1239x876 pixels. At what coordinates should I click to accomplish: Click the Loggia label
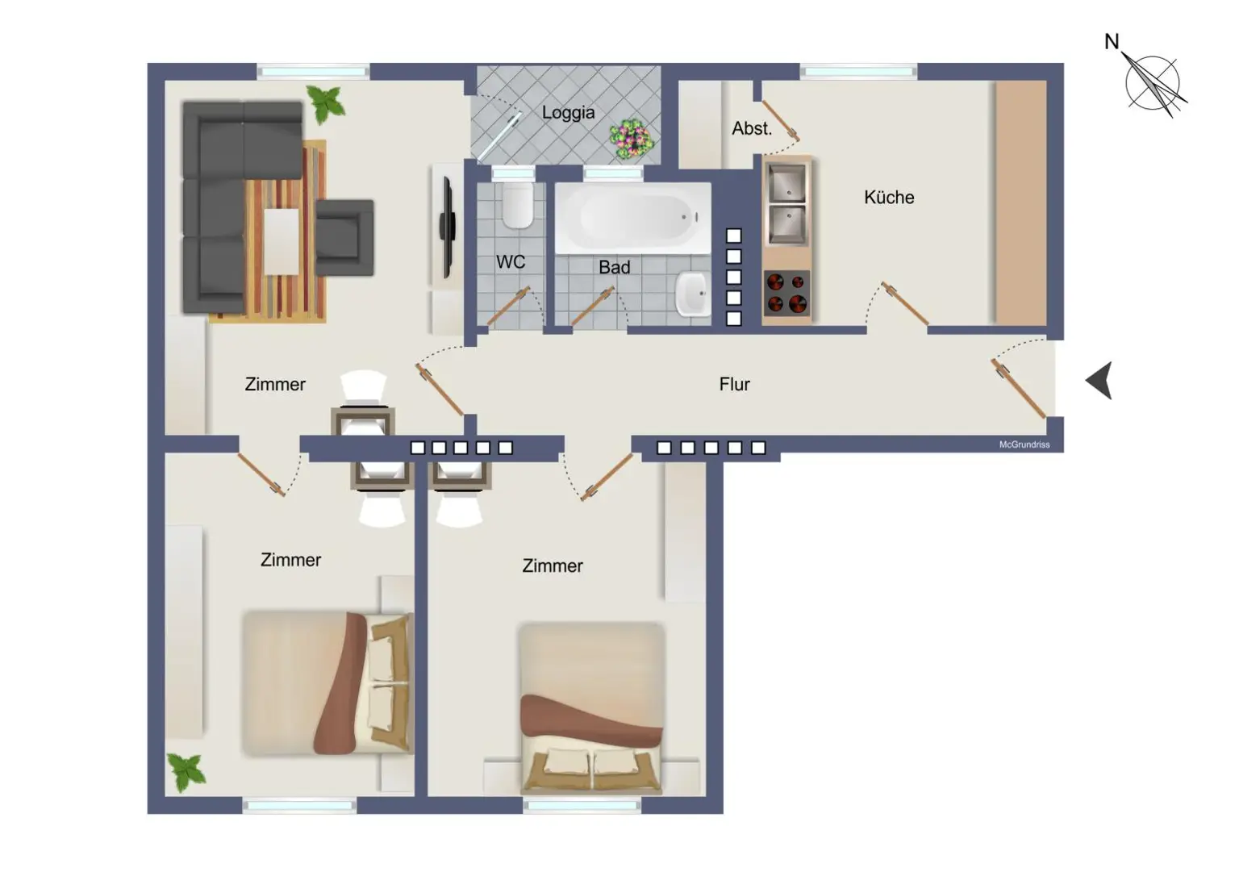568,113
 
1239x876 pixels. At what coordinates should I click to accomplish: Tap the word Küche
889,198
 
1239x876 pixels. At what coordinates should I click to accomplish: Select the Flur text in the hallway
735,384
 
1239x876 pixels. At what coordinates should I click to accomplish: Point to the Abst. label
752,129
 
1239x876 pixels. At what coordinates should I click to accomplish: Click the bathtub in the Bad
632,218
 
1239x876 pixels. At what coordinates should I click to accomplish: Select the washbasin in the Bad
693,294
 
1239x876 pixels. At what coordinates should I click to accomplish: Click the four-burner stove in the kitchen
786,293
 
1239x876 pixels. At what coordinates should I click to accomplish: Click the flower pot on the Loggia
631,138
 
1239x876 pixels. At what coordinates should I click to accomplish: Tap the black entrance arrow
1099,381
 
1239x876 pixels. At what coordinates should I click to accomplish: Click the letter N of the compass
1112,41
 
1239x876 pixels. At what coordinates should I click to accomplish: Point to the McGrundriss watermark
1024,444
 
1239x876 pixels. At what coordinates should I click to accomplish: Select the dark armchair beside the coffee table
344,237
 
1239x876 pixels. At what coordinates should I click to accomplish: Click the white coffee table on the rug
281,241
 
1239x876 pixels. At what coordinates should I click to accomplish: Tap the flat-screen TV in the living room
448,227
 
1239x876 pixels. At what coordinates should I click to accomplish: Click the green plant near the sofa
326,104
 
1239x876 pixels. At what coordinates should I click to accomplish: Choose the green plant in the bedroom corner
186,773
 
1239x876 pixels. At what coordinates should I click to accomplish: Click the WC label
511,262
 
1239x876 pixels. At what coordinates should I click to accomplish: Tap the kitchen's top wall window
858,72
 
